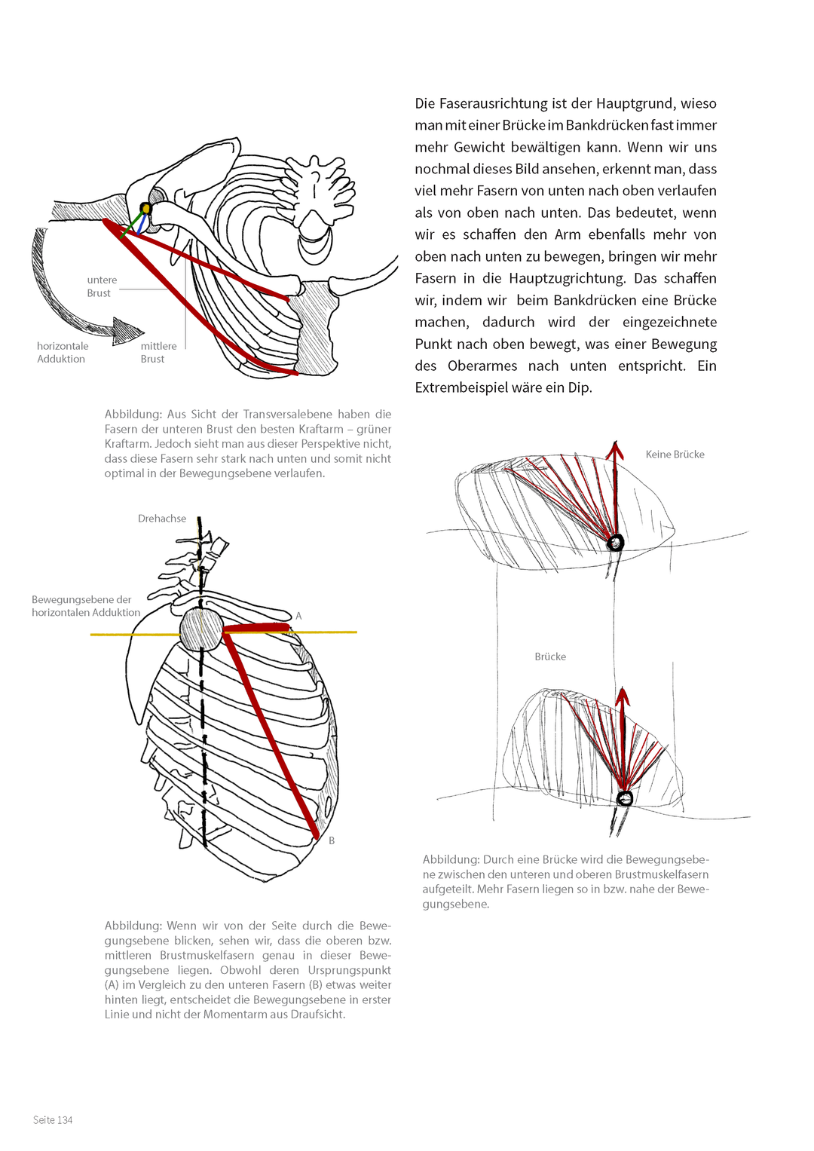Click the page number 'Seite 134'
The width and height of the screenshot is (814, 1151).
click(x=53, y=1119)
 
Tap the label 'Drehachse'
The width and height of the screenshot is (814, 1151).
click(x=162, y=519)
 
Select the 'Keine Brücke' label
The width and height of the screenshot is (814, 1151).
click(x=675, y=455)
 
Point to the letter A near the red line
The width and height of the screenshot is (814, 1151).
click(x=298, y=616)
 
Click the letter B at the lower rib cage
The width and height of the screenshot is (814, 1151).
click(x=332, y=840)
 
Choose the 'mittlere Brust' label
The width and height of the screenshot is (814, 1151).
click(x=158, y=353)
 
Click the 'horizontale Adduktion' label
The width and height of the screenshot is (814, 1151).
click(x=63, y=353)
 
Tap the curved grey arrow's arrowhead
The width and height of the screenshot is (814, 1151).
click(x=127, y=330)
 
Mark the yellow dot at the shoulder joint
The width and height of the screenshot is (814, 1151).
click(x=146, y=208)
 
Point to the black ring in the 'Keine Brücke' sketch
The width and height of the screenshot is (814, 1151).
click(x=614, y=542)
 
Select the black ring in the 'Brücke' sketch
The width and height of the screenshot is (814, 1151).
click(x=624, y=798)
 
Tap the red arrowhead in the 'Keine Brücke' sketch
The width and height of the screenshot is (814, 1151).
click(x=614, y=450)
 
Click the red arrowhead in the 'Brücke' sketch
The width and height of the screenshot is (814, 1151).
click(x=623, y=697)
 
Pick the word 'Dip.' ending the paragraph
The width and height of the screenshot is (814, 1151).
click(x=580, y=388)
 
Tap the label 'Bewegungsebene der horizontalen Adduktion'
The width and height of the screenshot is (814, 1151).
click(x=86, y=606)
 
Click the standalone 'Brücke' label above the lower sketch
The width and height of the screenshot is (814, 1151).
click(x=550, y=657)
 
